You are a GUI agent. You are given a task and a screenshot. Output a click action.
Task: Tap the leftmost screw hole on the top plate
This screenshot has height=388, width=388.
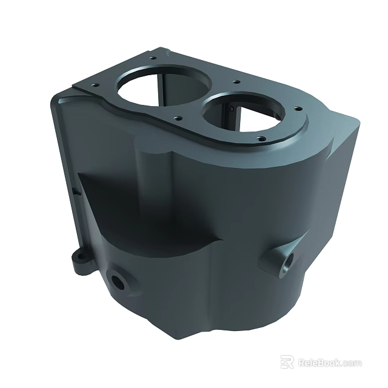(93, 85)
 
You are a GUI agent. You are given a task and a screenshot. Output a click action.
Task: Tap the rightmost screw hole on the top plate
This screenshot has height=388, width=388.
(297, 109)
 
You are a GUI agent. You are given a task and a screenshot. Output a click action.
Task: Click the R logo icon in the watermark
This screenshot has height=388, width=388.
(287, 363)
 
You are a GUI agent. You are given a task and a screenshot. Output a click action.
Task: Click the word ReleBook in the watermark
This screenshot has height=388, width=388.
(319, 363)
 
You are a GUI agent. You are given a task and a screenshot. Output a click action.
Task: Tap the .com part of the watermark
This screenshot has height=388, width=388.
(352, 363)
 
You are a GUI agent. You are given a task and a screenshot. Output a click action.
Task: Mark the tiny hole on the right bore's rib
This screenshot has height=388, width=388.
(232, 108)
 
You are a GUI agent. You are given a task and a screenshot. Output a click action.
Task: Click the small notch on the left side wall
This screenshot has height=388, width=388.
(75, 192)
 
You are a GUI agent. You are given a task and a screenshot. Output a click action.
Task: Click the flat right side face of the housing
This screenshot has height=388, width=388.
(327, 200)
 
